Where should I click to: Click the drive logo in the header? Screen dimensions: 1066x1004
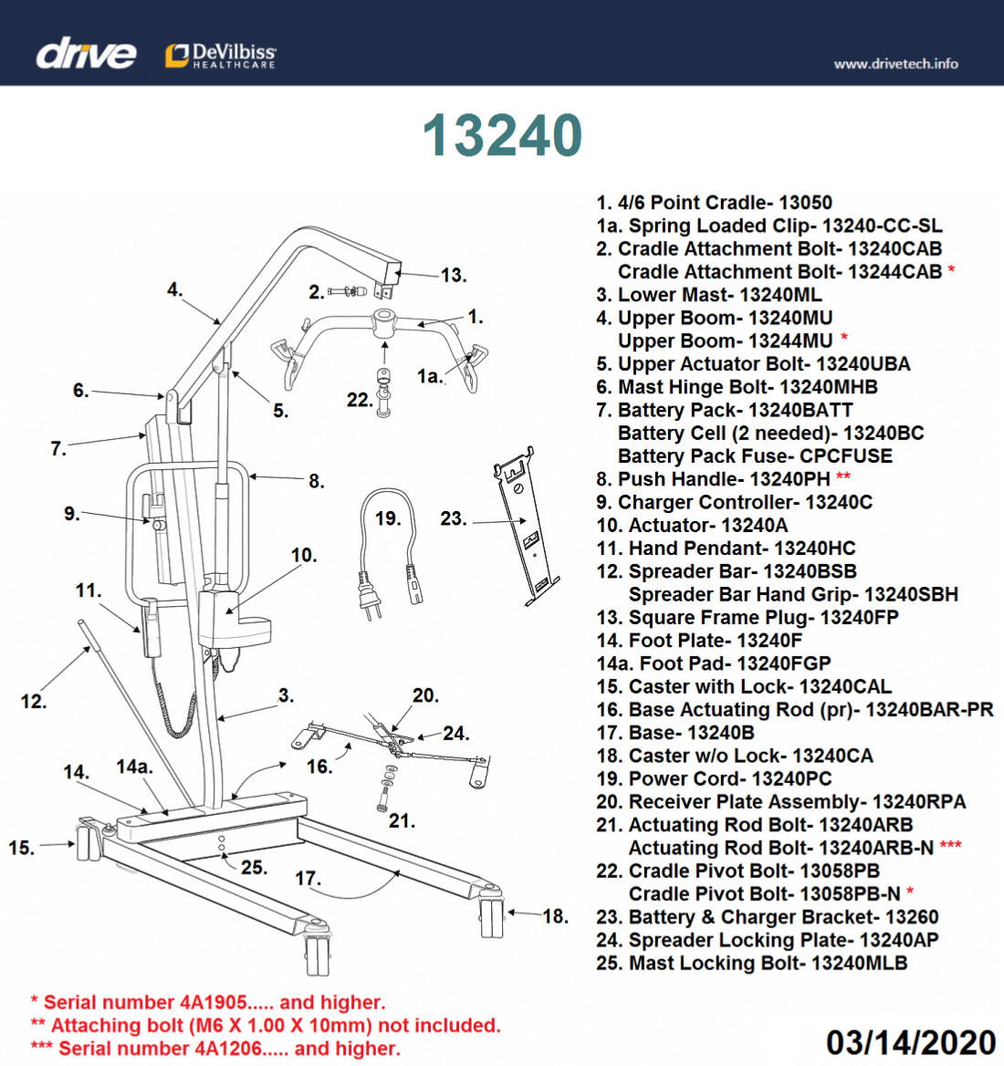tap(86, 54)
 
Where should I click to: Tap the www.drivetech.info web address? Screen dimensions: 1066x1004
tap(895, 64)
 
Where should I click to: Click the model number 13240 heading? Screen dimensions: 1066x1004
tap(502, 136)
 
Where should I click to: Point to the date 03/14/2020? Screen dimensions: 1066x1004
tap(910, 1042)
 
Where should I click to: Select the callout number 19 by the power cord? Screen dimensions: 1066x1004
tap(387, 518)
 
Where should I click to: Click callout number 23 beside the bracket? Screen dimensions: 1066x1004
tap(452, 518)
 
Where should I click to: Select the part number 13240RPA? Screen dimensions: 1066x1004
tap(918, 801)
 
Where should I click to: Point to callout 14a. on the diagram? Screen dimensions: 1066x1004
tap(134, 767)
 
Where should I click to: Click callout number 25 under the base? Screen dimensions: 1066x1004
tap(254, 867)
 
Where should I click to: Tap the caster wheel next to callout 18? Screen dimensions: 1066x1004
tap(492, 917)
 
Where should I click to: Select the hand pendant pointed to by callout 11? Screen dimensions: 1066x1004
tap(151, 630)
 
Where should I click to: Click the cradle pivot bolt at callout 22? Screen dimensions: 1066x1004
tap(384, 392)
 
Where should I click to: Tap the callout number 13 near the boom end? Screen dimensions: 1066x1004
tap(453, 275)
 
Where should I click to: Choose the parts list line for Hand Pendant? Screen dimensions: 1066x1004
tap(726, 548)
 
